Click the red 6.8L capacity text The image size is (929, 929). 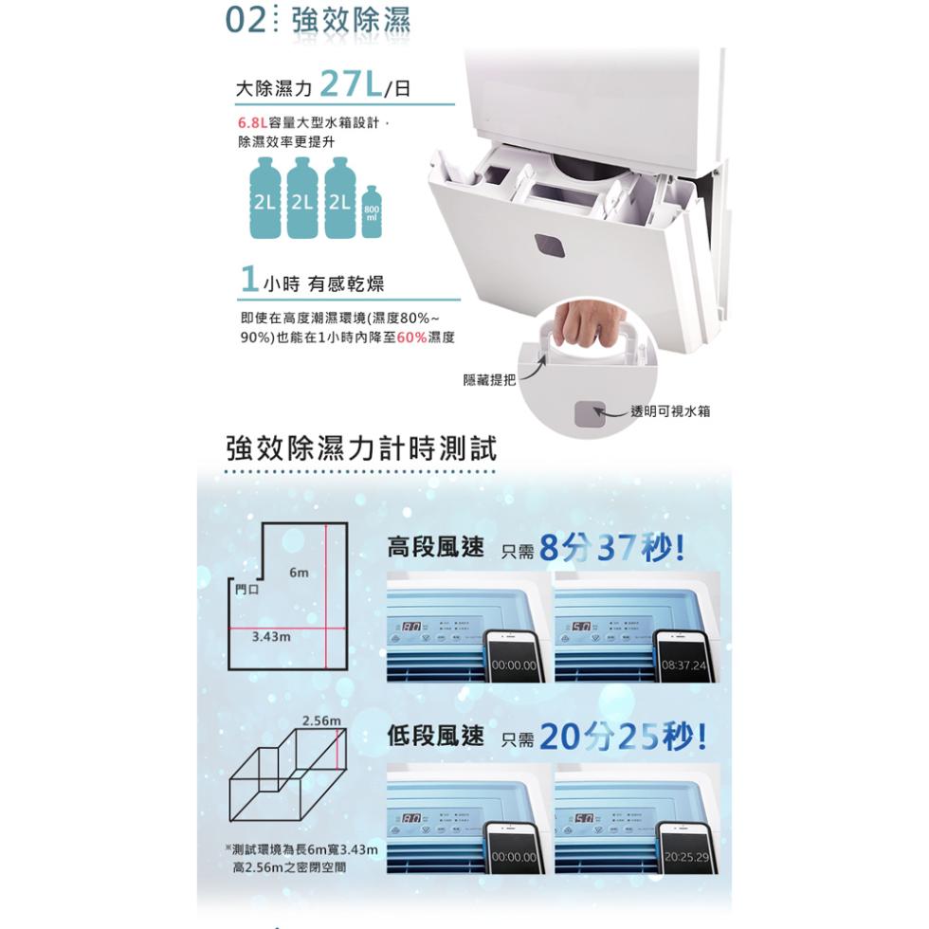click(x=251, y=123)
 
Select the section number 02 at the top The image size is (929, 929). click(x=244, y=21)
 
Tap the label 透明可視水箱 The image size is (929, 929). click(x=669, y=410)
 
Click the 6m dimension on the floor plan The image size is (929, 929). click(x=300, y=573)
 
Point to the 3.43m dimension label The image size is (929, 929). click(x=271, y=637)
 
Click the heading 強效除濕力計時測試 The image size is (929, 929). click(x=361, y=448)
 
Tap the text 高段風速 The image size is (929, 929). click(x=435, y=547)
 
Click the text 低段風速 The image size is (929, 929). click(x=435, y=736)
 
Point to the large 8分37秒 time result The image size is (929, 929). click(x=610, y=548)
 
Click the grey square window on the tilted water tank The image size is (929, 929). click(x=547, y=245)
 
